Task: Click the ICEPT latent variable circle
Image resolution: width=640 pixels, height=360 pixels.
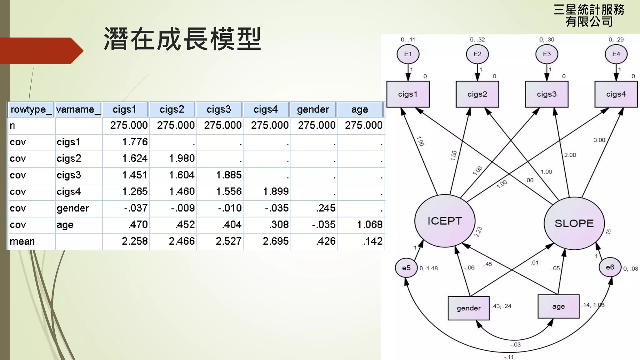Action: click(x=445, y=221)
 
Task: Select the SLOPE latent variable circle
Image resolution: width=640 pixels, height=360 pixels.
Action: click(x=574, y=223)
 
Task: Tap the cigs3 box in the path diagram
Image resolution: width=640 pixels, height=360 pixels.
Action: click(x=547, y=94)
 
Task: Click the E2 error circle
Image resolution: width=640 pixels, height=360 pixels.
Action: click(x=477, y=54)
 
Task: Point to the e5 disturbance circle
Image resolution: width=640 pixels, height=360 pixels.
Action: click(x=406, y=268)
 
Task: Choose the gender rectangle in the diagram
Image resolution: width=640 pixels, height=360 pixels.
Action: click(x=468, y=308)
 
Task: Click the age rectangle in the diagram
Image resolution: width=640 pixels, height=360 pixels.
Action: click(x=558, y=307)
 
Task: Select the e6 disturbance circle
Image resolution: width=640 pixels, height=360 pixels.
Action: click(x=610, y=267)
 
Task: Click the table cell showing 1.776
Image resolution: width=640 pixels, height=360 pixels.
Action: click(x=135, y=142)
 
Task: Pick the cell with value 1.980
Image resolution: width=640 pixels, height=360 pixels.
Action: click(x=182, y=158)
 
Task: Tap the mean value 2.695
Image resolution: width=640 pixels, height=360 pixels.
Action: click(x=275, y=241)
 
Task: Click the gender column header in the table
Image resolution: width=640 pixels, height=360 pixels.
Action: click(x=313, y=109)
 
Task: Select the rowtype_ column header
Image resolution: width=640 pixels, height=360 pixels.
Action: click(x=31, y=109)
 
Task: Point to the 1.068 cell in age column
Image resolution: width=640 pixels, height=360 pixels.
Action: click(x=369, y=224)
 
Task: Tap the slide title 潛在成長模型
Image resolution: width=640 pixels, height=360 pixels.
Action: click(x=182, y=39)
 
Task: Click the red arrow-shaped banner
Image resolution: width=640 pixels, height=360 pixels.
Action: click(x=41, y=51)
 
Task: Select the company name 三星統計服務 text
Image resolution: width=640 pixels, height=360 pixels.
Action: click(x=589, y=10)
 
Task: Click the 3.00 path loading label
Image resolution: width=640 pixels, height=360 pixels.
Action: click(x=599, y=140)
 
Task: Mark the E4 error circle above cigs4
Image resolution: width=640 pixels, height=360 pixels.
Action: click(x=616, y=54)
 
